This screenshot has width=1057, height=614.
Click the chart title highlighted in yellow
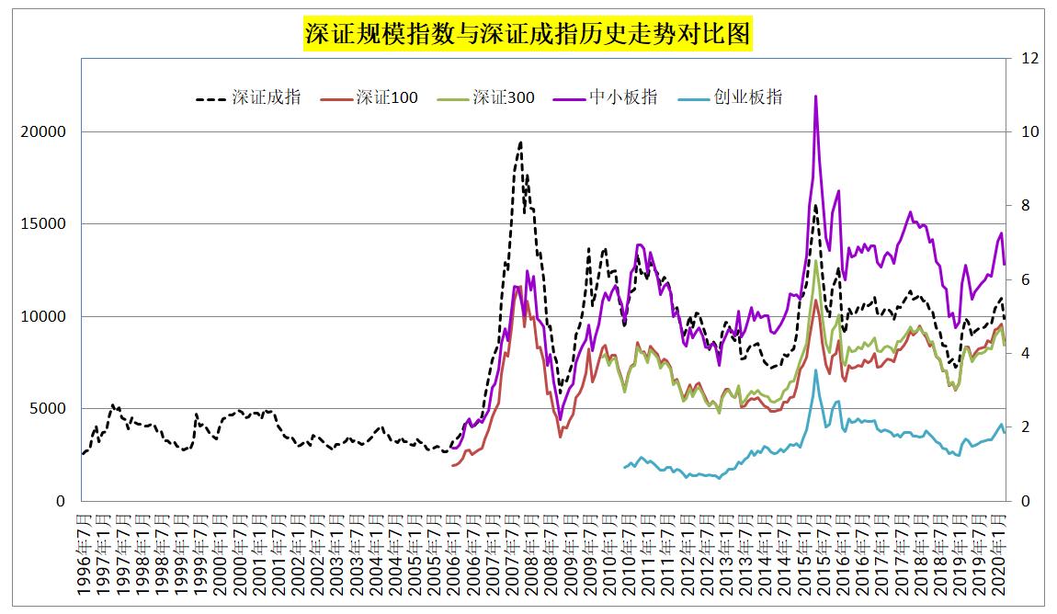click(x=528, y=35)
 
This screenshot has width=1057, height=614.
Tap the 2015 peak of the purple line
click(x=815, y=97)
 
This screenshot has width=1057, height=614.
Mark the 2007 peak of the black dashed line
click(x=520, y=142)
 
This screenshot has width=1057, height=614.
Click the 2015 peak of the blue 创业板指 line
click(x=815, y=370)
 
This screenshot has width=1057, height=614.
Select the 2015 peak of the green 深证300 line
click(x=816, y=261)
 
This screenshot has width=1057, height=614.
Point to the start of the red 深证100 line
click(x=451, y=466)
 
